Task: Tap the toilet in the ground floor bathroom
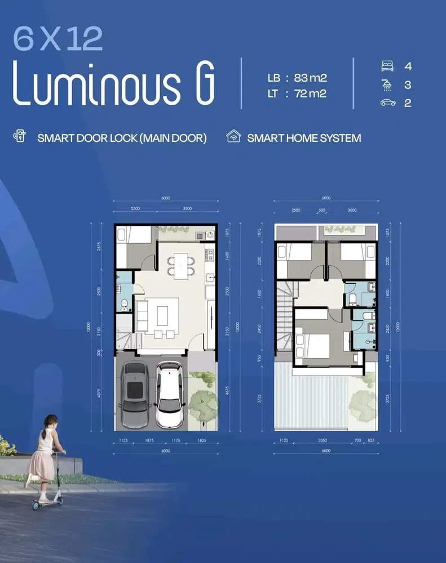tap(125, 305)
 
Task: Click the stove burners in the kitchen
tap(209, 236)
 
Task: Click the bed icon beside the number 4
tap(387, 66)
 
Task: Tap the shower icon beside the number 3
tap(387, 85)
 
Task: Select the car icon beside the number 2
tap(387, 103)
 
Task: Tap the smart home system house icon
tap(233, 137)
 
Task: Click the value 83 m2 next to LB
tap(310, 78)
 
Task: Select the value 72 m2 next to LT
tap(310, 93)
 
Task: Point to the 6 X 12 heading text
tap(58, 39)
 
